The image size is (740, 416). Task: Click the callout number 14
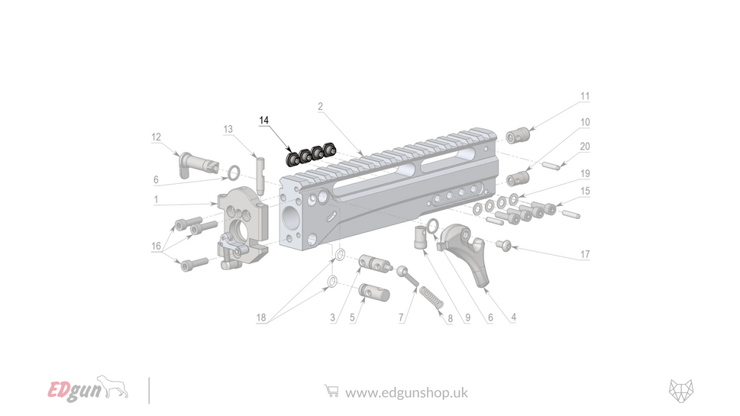tap(264, 121)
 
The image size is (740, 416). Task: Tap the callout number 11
tap(585, 97)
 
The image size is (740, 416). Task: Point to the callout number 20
tap(585, 147)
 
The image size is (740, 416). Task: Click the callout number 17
tap(585, 254)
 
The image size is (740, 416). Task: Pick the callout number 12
tap(156, 137)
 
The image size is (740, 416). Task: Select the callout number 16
tap(156, 247)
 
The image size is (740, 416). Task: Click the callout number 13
tap(228, 129)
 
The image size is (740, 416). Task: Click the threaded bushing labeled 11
tap(519, 135)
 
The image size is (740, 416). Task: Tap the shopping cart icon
tap(331, 391)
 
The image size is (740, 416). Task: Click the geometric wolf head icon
tap(681, 389)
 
